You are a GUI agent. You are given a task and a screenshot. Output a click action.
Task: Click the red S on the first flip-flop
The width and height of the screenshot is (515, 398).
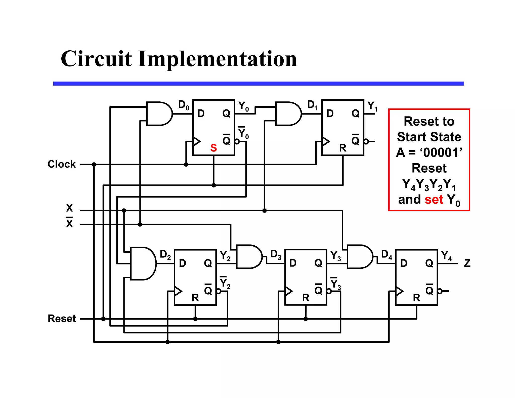pyautogui.click(x=213, y=148)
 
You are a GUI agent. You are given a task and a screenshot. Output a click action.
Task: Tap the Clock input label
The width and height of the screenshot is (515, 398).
pyautogui.click(x=61, y=164)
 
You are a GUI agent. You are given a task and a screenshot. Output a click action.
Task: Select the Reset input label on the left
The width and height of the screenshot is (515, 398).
pyautogui.click(x=62, y=319)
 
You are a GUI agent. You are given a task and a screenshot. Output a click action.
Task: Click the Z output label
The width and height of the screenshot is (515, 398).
pyautogui.click(x=467, y=263)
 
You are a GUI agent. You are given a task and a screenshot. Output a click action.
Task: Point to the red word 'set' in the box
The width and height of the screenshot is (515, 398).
pyautogui.click(x=434, y=200)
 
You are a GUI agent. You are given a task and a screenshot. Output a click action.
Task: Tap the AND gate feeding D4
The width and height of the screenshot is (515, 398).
pyautogui.click(x=359, y=257)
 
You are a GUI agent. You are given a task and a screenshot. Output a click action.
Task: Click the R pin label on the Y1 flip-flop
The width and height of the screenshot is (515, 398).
pyautogui.click(x=343, y=148)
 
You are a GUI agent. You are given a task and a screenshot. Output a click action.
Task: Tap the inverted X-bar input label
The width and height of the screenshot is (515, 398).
pyautogui.click(x=69, y=223)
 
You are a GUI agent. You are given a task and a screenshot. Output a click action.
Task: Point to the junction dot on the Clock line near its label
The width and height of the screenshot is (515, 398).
pyautogui.click(x=94, y=165)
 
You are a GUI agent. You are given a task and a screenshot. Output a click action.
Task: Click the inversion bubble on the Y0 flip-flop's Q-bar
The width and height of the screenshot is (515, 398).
pyautogui.click(x=237, y=141)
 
